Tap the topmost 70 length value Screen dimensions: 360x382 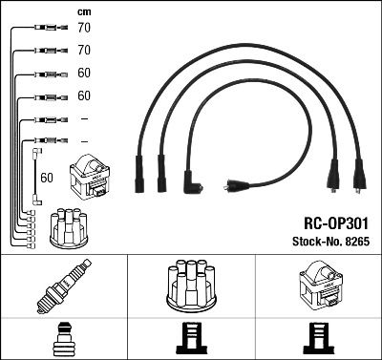[x=83, y=29]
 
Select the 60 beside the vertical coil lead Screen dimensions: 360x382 [x=48, y=178]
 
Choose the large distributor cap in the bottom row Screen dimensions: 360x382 [x=190, y=286]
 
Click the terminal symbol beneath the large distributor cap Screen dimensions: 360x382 [x=190, y=338]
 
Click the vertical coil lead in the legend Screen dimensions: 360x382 [x=35, y=173]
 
